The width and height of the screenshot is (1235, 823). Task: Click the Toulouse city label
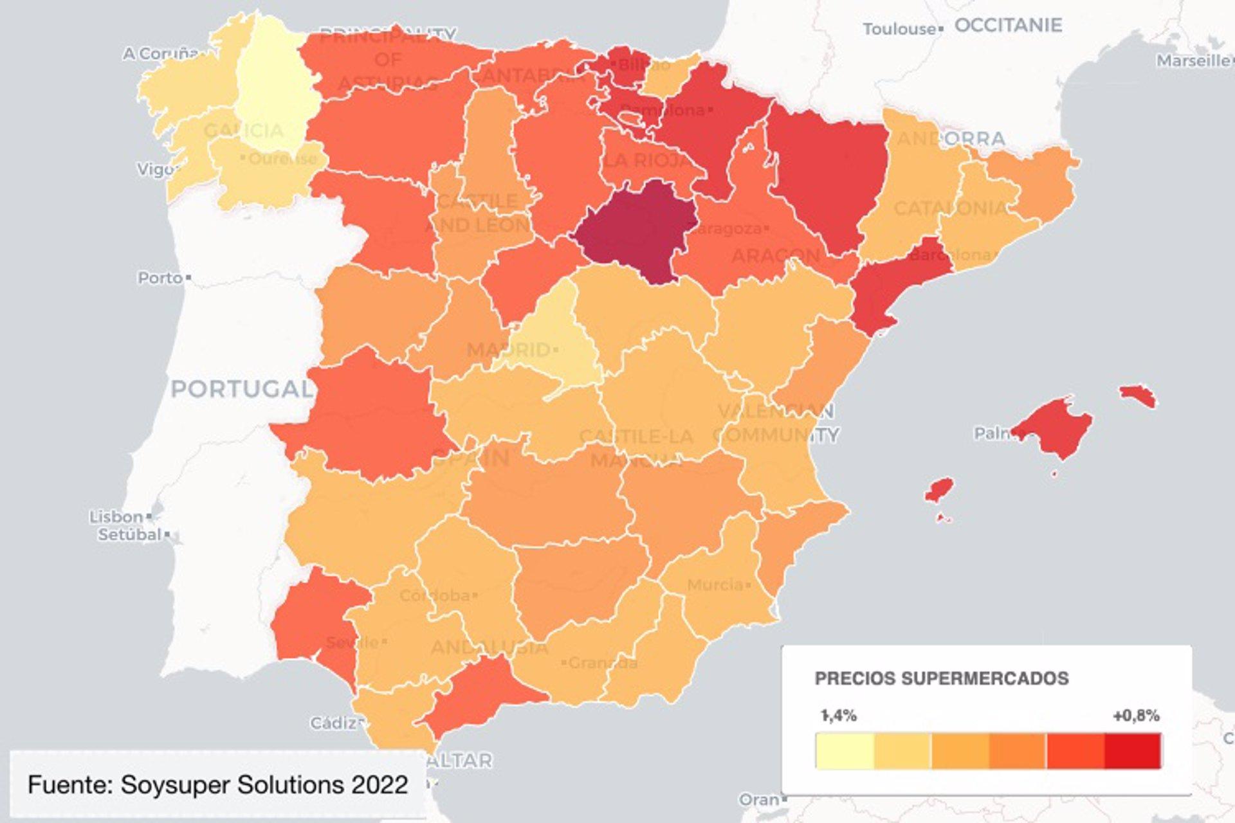pyautogui.click(x=899, y=29)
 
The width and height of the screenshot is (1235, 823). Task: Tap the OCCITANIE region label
pyautogui.click(x=1007, y=25)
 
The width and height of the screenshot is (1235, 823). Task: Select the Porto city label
pyautogui.click(x=160, y=278)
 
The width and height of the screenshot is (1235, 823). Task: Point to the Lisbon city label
pyautogui.click(x=116, y=516)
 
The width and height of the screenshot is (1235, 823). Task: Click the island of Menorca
pyautogui.click(x=1137, y=395)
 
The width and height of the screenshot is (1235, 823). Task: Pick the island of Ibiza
pyautogui.click(x=939, y=490)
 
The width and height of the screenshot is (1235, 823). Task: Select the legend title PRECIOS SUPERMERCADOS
pyautogui.click(x=941, y=678)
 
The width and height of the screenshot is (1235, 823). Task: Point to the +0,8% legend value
pyautogui.click(x=1136, y=716)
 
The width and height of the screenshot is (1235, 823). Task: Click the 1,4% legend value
pyautogui.click(x=839, y=716)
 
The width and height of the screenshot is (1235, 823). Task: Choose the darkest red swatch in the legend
pyautogui.click(x=1133, y=750)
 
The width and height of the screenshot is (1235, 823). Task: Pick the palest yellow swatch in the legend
pyautogui.click(x=845, y=750)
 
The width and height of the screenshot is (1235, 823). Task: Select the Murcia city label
pyautogui.click(x=715, y=585)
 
